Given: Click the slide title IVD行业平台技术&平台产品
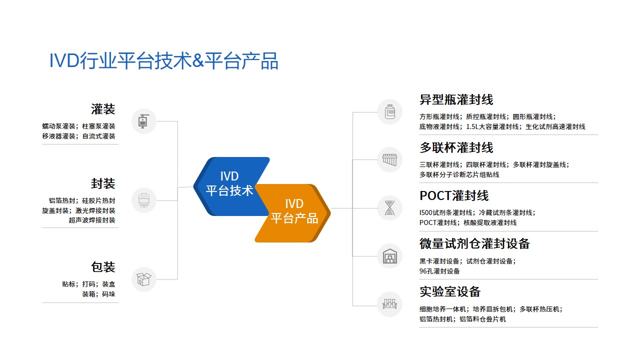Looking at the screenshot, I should click(163, 61).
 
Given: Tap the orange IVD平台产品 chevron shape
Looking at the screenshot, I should click(295, 212).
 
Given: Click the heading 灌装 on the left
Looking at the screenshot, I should click(103, 109).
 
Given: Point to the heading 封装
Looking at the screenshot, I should click(103, 183).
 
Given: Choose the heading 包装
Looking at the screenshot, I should click(103, 267).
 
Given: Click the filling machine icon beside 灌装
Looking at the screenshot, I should click(144, 121).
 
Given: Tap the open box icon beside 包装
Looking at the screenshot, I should click(144, 279).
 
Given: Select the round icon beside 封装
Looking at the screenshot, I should click(144, 200).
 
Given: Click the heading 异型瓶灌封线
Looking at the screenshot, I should click(456, 100).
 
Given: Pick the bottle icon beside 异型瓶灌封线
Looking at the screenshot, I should click(389, 112).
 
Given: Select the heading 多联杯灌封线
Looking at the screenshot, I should click(456, 148).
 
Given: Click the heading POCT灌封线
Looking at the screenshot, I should click(453, 195).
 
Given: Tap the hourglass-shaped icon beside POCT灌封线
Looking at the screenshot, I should click(389, 208).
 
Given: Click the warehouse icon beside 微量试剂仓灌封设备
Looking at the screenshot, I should click(389, 256).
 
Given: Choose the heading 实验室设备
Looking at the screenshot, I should click(450, 291).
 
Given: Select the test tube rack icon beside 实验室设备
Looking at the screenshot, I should click(389, 304).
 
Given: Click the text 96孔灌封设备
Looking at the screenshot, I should click(439, 271).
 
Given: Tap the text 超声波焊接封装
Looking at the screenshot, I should click(92, 220).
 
